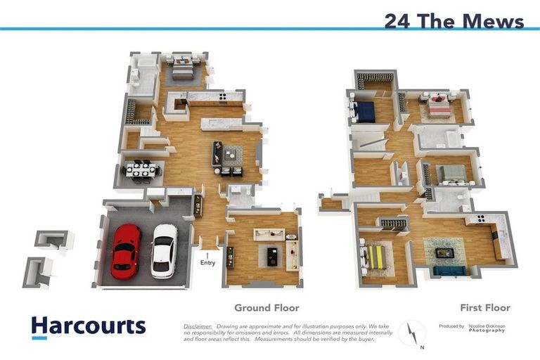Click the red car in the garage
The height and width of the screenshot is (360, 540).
(x=126, y=250)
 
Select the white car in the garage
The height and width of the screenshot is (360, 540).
(x=164, y=250)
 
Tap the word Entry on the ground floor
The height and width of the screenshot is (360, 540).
(x=207, y=263)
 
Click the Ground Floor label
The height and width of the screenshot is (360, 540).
(x=266, y=307)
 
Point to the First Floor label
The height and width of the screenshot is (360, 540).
(x=485, y=307)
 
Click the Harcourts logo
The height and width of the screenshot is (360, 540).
(x=89, y=327)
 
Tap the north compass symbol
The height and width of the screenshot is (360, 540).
(x=412, y=333)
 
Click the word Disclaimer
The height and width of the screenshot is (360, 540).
(x=198, y=327)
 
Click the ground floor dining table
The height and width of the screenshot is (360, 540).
(x=141, y=170)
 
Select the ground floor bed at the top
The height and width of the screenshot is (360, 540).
(x=181, y=67)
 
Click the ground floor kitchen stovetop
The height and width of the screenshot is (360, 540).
(x=222, y=97)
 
